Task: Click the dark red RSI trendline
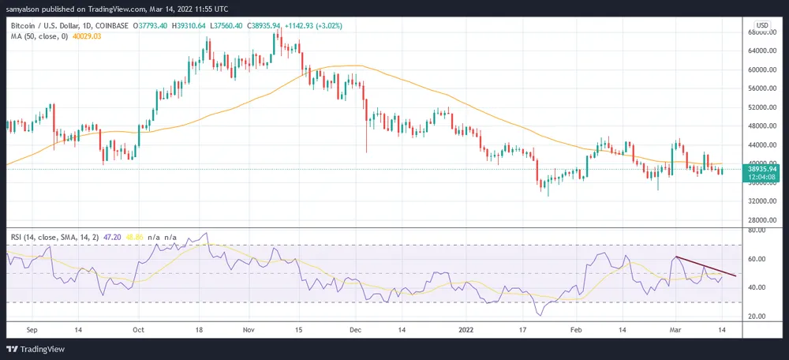pos(706,266)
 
